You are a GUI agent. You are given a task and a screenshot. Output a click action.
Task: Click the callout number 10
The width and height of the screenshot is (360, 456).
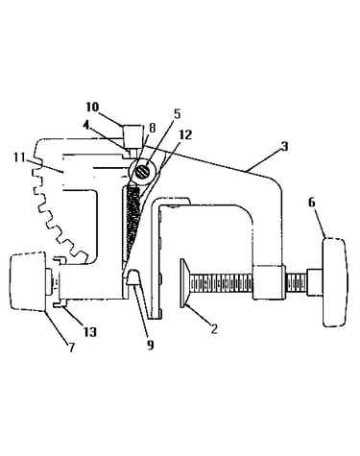pos(92,107)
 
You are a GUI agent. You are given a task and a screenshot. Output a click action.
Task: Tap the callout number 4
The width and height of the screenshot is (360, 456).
pos(85,125)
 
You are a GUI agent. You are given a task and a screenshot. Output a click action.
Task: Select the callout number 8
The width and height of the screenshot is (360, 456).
pos(152,128)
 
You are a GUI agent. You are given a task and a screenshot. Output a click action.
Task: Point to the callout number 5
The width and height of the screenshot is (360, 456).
pos(177,113)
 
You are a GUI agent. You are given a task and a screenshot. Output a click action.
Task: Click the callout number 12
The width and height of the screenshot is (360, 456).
pos(185,134)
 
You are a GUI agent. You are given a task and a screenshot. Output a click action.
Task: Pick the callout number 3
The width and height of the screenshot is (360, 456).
pos(284,146)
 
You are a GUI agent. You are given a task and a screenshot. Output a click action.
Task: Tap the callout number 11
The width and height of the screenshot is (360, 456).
pos(19,157)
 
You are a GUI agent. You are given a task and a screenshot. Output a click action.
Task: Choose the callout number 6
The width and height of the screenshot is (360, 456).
pos(312,203)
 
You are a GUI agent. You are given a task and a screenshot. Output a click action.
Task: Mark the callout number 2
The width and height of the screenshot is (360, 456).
pos(214,328)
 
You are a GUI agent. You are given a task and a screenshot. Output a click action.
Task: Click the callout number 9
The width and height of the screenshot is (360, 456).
pos(151,345)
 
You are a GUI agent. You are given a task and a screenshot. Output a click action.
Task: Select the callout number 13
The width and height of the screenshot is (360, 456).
pos(90,332)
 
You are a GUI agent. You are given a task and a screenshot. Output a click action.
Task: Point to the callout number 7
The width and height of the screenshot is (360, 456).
pos(71,348)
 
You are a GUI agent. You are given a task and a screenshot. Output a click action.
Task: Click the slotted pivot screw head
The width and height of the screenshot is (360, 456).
pos(142,172)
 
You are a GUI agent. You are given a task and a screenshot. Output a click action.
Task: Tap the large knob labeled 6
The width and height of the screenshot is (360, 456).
pos(334,282)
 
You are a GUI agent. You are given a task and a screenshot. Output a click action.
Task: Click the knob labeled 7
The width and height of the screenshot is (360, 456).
pos(28,281)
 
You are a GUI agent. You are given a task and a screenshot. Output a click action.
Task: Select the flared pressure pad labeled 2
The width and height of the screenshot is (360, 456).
pos(185,283)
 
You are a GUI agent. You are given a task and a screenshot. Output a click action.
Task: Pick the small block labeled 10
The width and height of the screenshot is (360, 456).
pos(132,135)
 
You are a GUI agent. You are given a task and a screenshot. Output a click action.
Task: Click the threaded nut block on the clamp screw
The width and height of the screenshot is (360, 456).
pos(268,282)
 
